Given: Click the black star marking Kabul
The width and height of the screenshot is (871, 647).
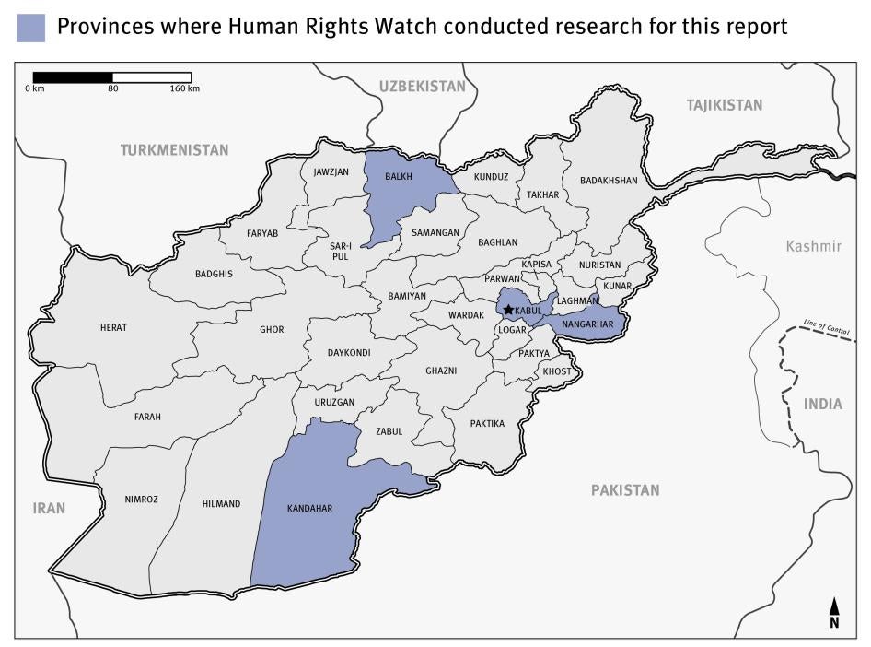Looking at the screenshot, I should [508, 311].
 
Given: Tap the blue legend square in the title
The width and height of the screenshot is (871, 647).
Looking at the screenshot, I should [30, 28].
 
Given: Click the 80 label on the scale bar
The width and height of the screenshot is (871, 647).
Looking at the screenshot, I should [112, 89].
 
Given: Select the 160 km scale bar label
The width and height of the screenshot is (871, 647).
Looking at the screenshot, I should [185, 89].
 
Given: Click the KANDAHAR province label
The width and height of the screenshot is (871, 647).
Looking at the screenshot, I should [309, 508].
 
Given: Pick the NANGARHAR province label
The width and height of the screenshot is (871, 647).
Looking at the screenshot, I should [586, 324].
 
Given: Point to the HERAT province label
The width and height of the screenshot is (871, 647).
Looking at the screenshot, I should [113, 327].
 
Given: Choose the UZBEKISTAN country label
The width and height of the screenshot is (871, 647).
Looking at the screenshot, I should [423, 86].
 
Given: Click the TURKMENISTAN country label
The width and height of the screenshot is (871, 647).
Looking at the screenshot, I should [174, 149].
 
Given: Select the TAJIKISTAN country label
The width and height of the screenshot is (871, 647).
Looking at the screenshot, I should [725, 105].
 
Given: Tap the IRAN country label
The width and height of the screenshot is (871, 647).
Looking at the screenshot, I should [49, 508].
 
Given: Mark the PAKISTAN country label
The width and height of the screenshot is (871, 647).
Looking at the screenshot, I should [625, 490].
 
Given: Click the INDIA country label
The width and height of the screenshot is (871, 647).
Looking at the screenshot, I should [822, 404].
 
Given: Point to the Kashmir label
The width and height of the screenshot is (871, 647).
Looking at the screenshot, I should [813, 246].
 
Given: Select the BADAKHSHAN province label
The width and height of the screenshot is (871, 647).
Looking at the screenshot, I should [609, 181].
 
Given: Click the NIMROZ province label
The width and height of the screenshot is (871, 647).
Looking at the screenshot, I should [142, 500].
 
